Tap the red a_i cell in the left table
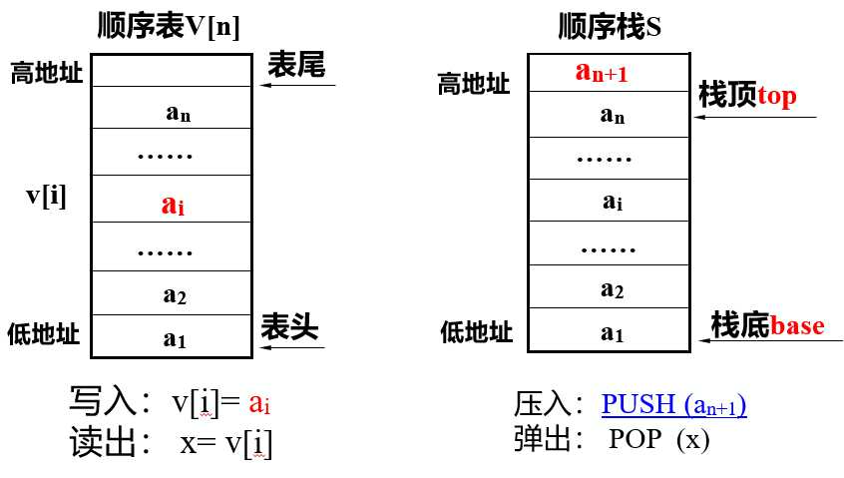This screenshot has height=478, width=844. (x=173, y=206)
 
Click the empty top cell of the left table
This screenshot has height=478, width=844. (x=171, y=71)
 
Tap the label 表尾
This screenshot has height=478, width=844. (x=296, y=66)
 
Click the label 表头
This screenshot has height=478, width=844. (x=289, y=326)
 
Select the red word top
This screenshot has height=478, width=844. (x=777, y=96)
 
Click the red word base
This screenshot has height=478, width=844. (x=797, y=325)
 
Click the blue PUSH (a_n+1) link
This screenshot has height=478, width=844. (x=673, y=405)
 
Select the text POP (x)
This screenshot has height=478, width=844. (x=658, y=439)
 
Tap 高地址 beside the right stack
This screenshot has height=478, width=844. (x=473, y=84)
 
